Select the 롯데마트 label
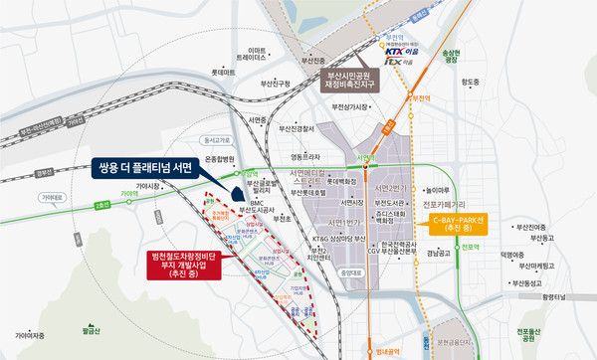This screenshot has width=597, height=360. [x=224, y=73]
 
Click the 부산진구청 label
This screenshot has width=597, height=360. [x=274, y=85]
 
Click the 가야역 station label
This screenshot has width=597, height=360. [x=127, y=193]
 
